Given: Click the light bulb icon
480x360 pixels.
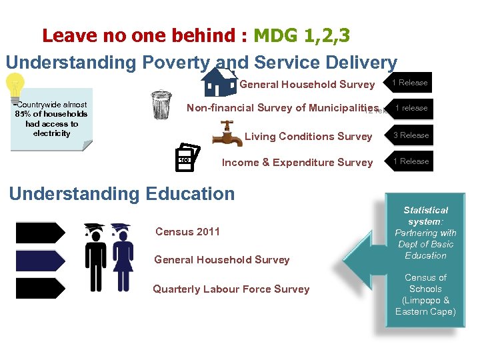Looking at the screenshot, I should pyautogui.click(x=14, y=87).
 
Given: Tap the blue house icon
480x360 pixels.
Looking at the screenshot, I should pyautogui.click(x=220, y=82).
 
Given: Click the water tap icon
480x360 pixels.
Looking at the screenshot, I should pyautogui.click(x=227, y=134).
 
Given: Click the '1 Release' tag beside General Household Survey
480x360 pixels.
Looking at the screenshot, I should pyautogui.click(x=409, y=83).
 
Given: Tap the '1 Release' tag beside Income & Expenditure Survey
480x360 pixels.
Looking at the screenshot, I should pyautogui.click(x=409, y=161).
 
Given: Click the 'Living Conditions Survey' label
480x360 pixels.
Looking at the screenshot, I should pyautogui.click(x=309, y=137).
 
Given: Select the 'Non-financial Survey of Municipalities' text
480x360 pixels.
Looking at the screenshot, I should pyautogui.click(x=283, y=108).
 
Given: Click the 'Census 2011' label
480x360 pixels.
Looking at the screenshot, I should pyautogui.click(x=187, y=232).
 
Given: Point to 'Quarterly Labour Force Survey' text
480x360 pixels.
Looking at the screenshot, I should pyautogui.click(x=231, y=289).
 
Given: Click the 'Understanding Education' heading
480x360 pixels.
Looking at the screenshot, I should pyautogui.click(x=122, y=194).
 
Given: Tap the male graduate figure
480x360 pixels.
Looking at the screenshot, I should pyautogui.click(x=96, y=257).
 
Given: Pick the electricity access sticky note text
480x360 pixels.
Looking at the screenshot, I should pyautogui.click(x=51, y=119).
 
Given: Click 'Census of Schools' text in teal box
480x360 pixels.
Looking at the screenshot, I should pyautogui.click(x=425, y=295).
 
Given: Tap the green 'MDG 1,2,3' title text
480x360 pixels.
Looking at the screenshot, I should pyautogui.click(x=302, y=35).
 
